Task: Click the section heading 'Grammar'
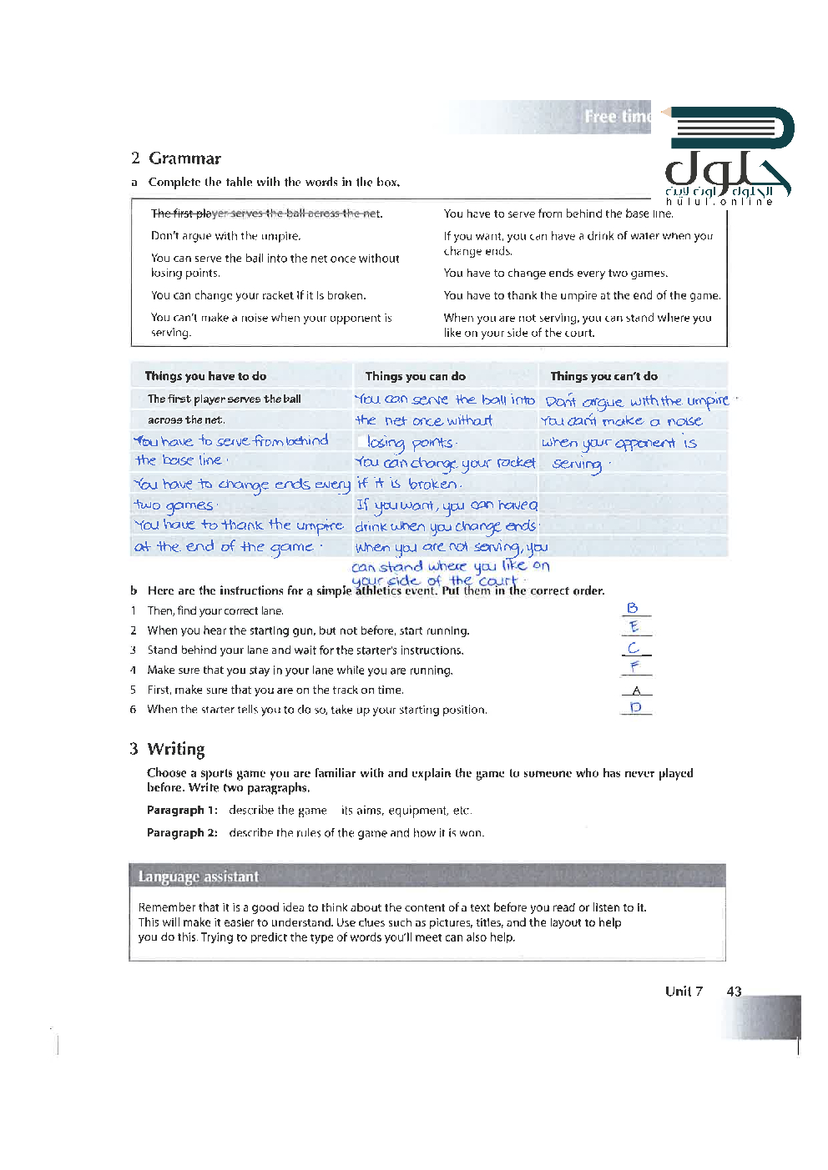point(184,158)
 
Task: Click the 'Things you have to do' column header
point(205,376)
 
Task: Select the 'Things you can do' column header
point(415,376)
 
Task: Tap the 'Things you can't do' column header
point(603,376)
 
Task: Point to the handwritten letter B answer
point(633,608)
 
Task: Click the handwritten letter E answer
point(634,627)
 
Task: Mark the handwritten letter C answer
point(634,647)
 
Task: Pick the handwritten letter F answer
point(634,666)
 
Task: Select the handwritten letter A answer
point(636,690)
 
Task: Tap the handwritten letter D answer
point(636,707)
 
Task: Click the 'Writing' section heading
point(175,749)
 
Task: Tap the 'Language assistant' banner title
point(199,876)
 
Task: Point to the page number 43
point(734,992)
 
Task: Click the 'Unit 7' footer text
point(684,992)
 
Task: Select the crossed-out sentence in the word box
point(266,213)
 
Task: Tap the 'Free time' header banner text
point(616,117)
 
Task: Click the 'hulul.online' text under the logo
point(719,202)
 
